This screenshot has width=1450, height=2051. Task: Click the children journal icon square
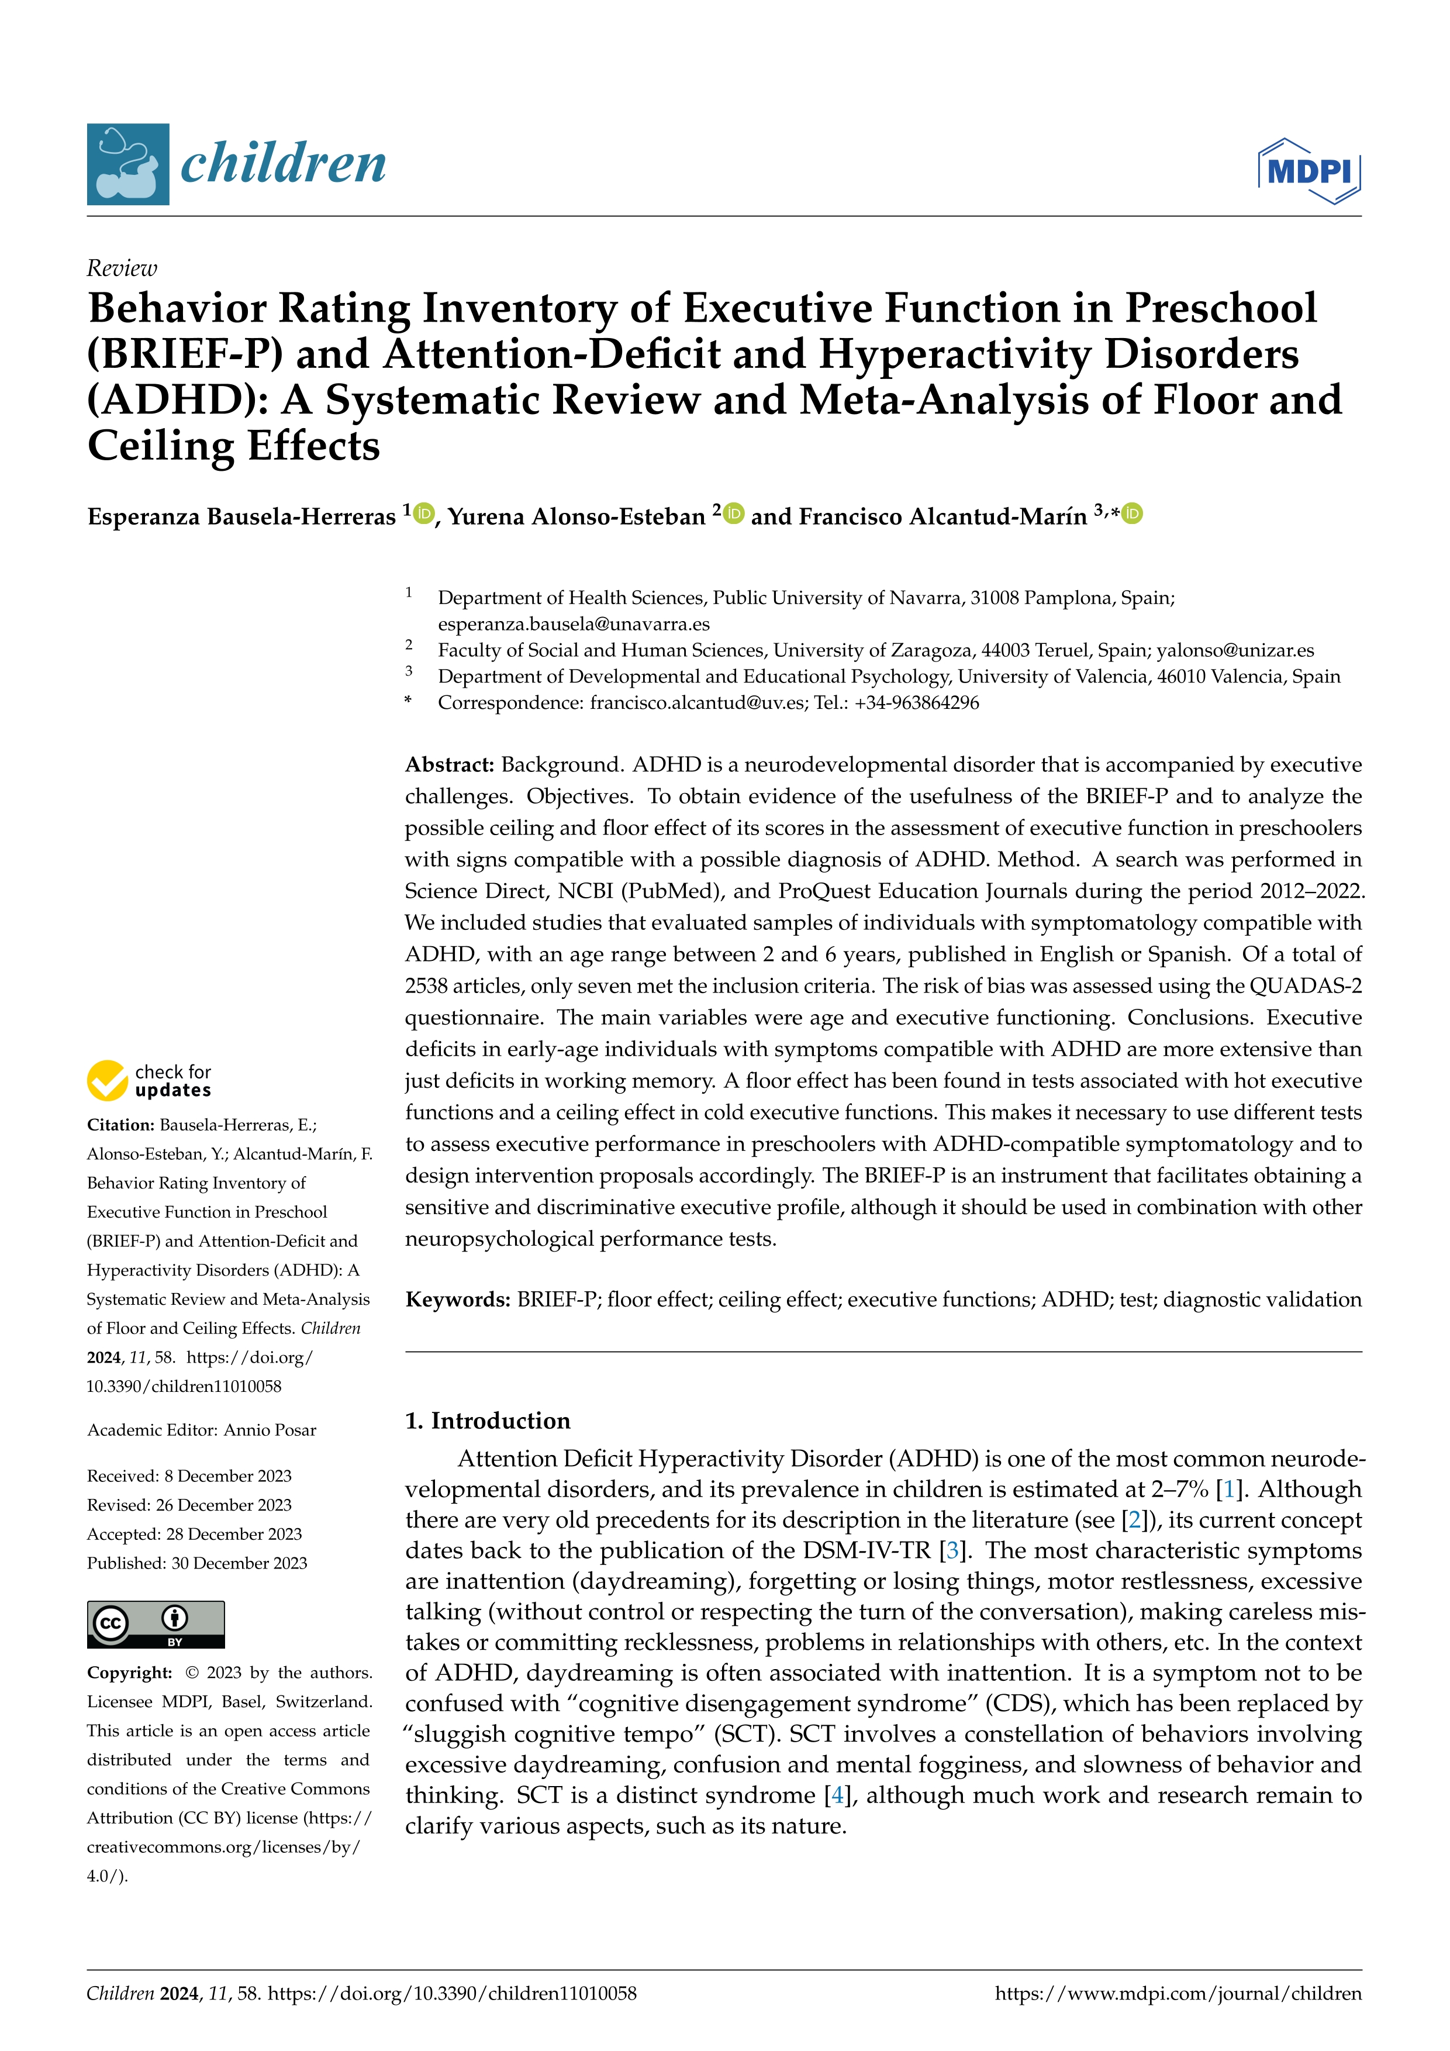[127, 164]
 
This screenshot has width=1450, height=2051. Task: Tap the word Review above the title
[122, 268]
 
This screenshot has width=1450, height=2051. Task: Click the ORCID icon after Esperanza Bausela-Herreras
[424, 513]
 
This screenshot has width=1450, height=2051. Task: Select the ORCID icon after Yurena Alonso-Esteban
[734, 513]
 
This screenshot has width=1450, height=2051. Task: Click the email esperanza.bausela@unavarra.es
[573, 623]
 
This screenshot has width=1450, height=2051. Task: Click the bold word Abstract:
[449, 764]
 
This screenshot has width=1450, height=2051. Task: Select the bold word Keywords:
[458, 1299]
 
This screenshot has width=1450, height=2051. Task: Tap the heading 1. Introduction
[488, 1421]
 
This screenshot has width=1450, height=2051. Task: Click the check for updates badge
[149, 1080]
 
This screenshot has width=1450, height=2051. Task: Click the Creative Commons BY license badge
[156, 1624]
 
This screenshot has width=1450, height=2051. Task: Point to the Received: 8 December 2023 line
[189, 1476]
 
